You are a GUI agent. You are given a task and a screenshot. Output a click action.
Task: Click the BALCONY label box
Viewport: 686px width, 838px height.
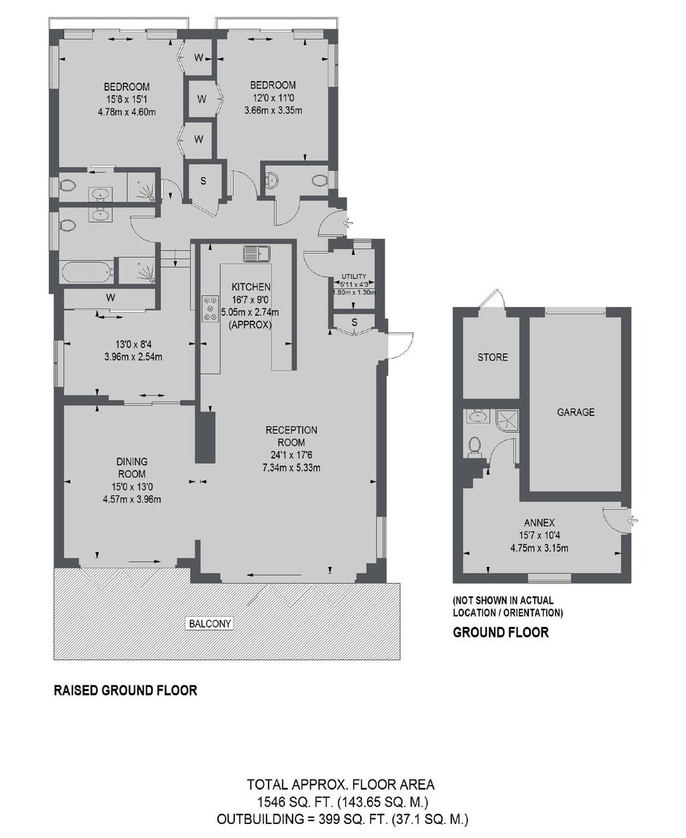(x=209, y=623)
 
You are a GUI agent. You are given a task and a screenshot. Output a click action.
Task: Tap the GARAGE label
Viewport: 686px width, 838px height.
(x=576, y=412)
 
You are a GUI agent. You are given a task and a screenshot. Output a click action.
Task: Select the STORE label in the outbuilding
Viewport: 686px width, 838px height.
(x=492, y=357)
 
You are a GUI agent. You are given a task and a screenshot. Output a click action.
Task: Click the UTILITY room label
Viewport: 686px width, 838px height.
(x=355, y=277)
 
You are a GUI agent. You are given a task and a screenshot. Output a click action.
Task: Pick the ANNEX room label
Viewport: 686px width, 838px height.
(x=539, y=522)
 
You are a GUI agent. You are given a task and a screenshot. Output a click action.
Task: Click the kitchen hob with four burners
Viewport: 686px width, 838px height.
(x=209, y=308)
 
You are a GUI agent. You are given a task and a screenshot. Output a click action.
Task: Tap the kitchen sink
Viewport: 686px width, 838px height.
(x=258, y=254)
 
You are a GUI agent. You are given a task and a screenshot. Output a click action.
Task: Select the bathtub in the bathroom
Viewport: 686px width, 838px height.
(x=87, y=272)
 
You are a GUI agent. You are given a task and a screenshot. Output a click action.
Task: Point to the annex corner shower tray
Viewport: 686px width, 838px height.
(x=507, y=419)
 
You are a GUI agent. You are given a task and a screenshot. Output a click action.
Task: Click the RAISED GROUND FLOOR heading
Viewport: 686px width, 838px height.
(x=126, y=690)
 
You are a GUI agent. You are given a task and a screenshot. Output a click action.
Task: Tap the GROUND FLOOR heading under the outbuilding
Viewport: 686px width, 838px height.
(x=501, y=632)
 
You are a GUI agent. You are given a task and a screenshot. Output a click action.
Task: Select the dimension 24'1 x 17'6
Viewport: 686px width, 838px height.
(x=291, y=455)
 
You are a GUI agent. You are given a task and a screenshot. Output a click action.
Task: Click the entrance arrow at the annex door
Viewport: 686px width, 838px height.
(x=633, y=520)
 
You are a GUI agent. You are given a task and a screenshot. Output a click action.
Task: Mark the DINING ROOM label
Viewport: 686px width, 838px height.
(x=132, y=468)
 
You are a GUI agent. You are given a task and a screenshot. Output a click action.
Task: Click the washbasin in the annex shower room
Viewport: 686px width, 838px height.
(x=476, y=416)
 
